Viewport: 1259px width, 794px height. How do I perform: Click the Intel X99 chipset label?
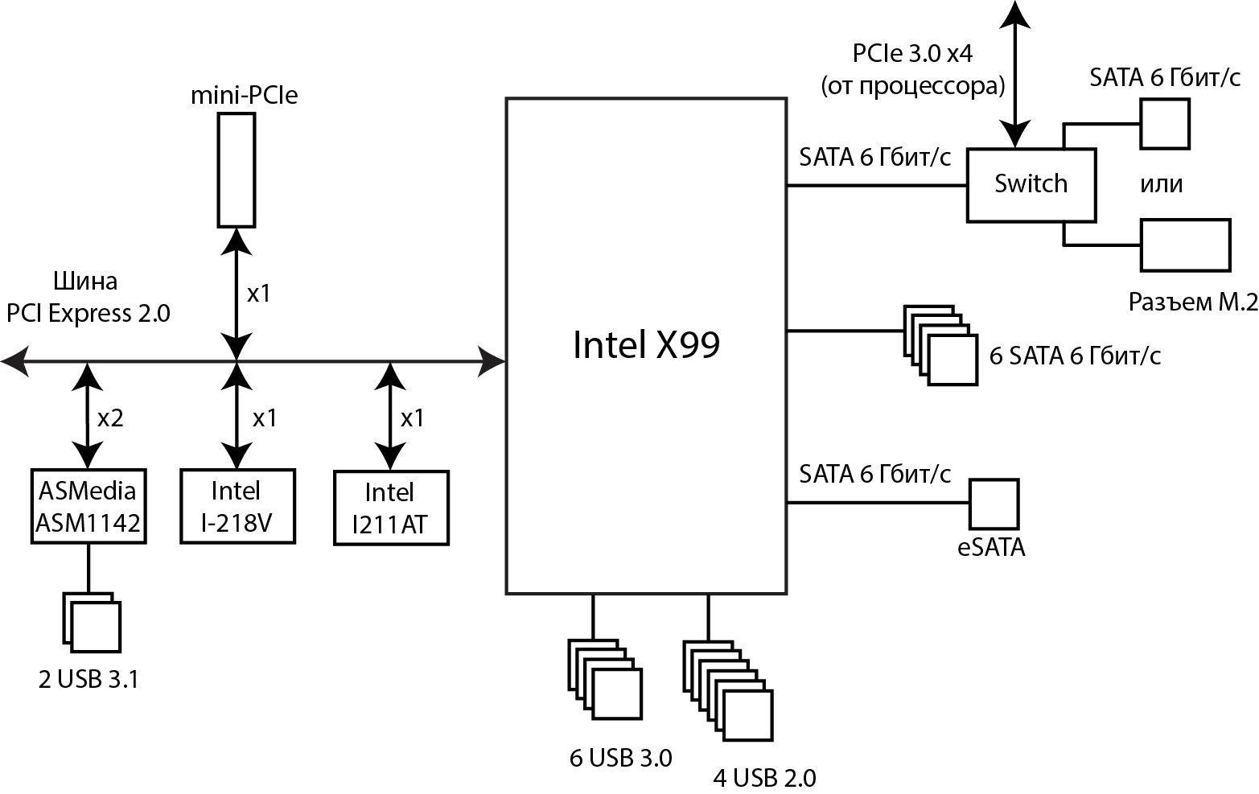pyautogui.click(x=646, y=345)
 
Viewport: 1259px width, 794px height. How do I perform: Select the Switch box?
pyautogui.click(x=1031, y=184)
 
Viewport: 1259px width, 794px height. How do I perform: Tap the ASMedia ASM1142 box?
pyautogui.click(x=88, y=507)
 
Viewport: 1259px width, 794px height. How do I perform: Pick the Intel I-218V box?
pyautogui.click(x=237, y=507)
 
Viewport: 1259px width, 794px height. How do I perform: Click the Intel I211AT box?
pyautogui.click(x=390, y=508)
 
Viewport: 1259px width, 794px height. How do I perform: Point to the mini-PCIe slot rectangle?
pyautogui.click(x=237, y=169)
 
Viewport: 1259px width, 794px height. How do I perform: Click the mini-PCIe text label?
pyautogui.click(x=244, y=96)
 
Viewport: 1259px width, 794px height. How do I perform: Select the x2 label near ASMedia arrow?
pyautogui.click(x=110, y=418)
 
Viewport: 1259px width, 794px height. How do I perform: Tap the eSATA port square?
pyautogui.click(x=994, y=504)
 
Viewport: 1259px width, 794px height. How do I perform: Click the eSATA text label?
pyautogui.click(x=991, y=549)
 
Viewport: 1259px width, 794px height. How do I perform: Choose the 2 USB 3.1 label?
pyautogui.click(x=88, y=680)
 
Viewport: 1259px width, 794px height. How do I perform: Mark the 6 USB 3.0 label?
pyautogui.click(x=620, y=758)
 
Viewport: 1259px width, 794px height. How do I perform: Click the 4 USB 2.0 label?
pyautogui.click(x=764, y=778)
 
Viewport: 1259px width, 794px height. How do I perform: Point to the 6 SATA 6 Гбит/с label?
pyautogui.click(x=1075, y=356)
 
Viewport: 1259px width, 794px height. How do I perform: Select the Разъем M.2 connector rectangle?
pyautogui.click(x=1185, y=245)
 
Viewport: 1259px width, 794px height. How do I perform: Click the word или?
pyautogui.click(x=1162, y=184)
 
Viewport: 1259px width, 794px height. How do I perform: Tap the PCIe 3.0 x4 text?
pyautogui.click(x=913, y=54)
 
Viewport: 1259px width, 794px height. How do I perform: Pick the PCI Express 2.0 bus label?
pyautogui.click(x=88, y=313)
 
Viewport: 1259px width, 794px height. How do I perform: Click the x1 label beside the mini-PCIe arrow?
pyautogui.click(x=258, y=294)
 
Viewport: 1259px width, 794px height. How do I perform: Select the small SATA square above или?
pyautogui.click(x=1164, y=123)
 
